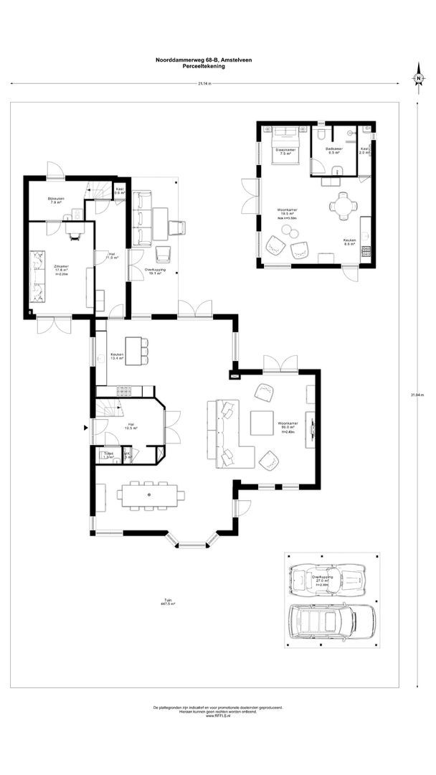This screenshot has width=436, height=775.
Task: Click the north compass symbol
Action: click(x=417, y=78)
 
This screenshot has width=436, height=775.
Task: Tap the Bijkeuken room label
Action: click(x=55, y=200)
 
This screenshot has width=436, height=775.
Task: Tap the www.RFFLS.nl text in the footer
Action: click(x=217, y=717)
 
